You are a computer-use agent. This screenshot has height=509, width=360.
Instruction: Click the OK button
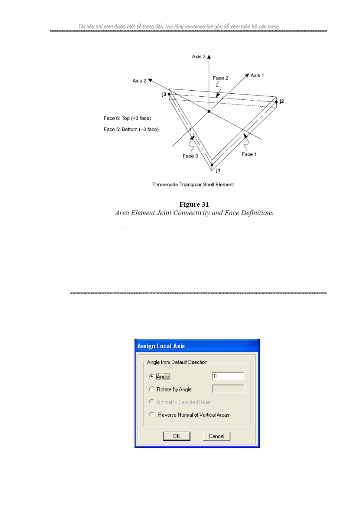click(x=177, y=436)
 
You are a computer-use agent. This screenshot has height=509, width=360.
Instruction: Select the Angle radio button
click(x=151, y=376)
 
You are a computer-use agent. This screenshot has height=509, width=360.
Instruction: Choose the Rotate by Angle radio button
click(x=151, y=389)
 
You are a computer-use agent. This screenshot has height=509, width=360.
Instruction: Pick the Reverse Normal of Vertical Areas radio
click(x=151, y=414)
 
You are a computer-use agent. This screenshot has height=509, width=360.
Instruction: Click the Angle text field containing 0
click(x=228, y=376)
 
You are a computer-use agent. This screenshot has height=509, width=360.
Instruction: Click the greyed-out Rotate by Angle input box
click(x=228, y=389)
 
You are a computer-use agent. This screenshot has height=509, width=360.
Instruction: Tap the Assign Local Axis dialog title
click(x=161, y=346)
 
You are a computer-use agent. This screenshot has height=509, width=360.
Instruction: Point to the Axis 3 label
click(x=199, y=56)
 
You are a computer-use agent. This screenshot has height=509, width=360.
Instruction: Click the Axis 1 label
click(x=257, y=75)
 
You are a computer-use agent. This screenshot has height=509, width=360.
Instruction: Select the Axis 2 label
click(x=139, y=81)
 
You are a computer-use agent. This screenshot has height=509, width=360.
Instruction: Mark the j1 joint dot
click(x=212, y=165)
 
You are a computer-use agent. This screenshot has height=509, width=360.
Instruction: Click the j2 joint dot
click(x=276, y=102)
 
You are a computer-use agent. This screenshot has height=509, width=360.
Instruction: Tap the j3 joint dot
click(x=169, y=94)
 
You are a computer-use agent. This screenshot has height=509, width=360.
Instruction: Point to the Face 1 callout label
click(x=249, y=154)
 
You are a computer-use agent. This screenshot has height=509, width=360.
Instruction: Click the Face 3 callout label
click(x=190, y=156)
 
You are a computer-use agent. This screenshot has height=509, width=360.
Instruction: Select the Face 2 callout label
click(x=220, y=78)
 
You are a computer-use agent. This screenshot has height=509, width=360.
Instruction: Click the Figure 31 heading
click(x=194, y=205)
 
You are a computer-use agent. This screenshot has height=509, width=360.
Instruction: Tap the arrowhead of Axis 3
click(x=209, y=56)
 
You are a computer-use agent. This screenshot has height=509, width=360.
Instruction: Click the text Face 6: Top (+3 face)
click(x=127, y=118)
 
